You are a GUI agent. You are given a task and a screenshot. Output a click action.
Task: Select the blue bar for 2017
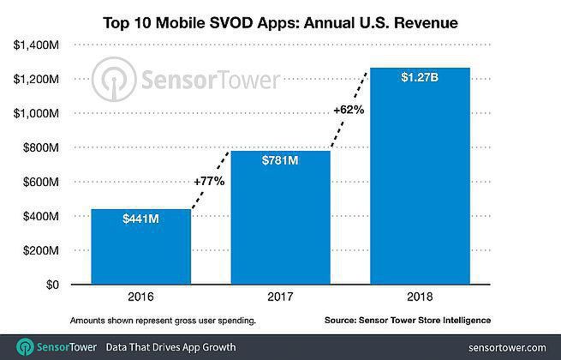coord(280,218)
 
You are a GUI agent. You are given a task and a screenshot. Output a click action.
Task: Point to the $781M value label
coord(280,163)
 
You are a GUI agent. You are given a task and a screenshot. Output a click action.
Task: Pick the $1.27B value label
coord(420,78)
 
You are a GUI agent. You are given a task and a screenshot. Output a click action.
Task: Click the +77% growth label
coord(210,182)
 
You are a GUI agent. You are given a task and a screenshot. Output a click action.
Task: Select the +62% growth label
coord(349,110)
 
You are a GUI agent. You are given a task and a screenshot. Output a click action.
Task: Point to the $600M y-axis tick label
coord(38,182)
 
